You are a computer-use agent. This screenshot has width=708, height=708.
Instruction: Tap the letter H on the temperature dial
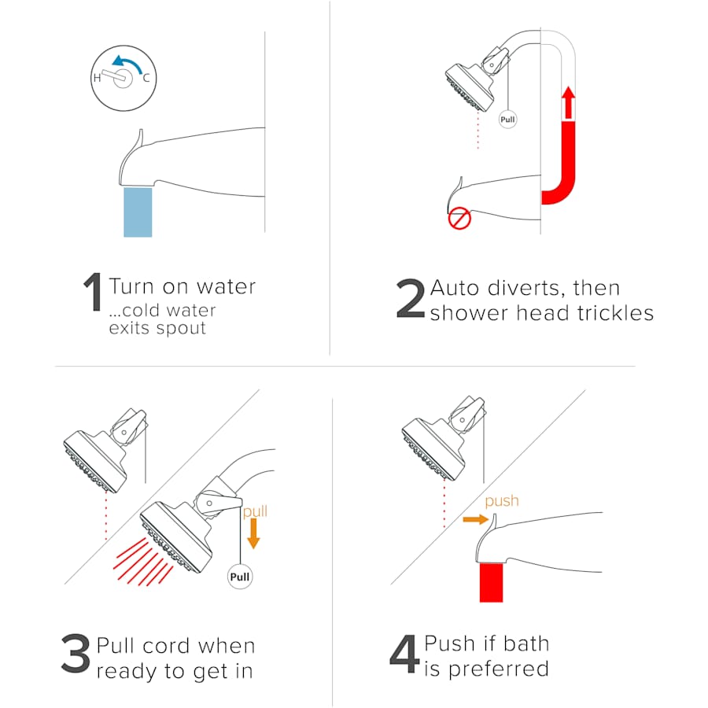tap(97, 78)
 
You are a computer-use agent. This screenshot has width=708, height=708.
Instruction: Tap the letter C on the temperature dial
tap(146, 78)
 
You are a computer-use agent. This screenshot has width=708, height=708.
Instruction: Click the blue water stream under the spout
tap(138, 212)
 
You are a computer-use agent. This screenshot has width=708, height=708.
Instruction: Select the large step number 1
tap(94, 291)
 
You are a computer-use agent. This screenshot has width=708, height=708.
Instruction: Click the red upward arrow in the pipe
tap(569, 103)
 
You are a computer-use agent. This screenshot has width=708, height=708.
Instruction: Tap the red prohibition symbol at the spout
tap(459, 219)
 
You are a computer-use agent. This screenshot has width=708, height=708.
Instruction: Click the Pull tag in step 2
tap(507, 120)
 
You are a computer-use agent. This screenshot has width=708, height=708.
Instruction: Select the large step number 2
tap(411, 297)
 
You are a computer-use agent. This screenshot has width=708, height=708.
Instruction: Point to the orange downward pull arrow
tap(254, 533)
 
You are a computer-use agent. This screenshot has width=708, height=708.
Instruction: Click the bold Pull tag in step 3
tap(240, 577)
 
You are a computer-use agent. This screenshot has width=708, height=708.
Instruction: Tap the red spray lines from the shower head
tap(142, 562)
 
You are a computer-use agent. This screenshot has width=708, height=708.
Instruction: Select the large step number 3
tap(76, 653)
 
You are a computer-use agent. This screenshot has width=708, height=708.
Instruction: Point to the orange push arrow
tap(476, 520)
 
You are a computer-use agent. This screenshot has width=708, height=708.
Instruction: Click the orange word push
tap(502, 501)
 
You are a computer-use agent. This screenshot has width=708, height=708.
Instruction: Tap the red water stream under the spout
tap(491, 582)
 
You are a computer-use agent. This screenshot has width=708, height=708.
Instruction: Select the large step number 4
tap(404, 653)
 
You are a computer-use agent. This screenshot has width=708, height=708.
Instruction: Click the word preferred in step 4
tap(499, 669)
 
